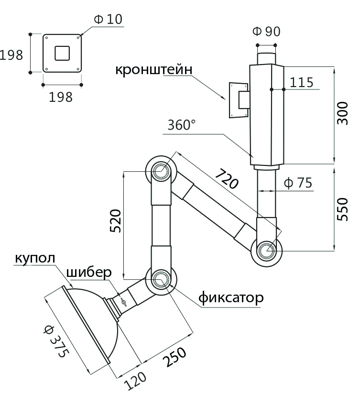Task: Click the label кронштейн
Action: [x=153, y=69]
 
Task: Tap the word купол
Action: [x=35, y=258]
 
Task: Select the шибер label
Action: [x=89, y=273]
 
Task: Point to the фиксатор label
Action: [x=230, y=298]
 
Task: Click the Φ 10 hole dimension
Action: [x=109, y=19]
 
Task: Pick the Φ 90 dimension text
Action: [x=266, y=32]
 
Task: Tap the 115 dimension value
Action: [x=302, y=83]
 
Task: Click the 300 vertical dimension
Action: [x=342, y=113]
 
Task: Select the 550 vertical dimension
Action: [x=342, y=208]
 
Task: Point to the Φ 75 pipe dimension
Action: [x=298, y=183]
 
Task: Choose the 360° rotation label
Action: [x=182, y=125]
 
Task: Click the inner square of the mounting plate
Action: [x=62, y=52]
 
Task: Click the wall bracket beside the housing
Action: [x=239, y=100]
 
